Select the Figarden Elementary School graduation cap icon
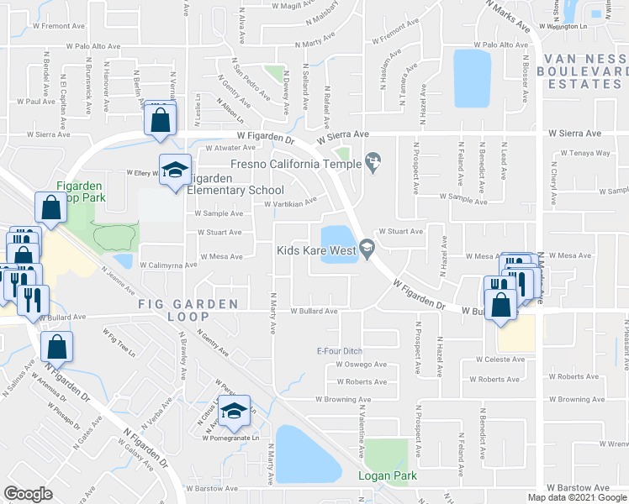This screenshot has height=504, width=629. tap(175, 171)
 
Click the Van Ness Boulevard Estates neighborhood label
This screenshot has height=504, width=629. tap(585, 71)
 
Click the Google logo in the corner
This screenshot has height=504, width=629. tap(27, 494)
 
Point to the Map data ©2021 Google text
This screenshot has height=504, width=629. tap(577, 497)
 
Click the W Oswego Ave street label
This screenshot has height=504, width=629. tap(361, 365)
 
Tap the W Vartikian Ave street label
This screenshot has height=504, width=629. tap(290, 202)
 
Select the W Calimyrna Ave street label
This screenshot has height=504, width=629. tap(168, 264)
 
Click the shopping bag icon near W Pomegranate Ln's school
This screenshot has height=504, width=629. tap(56, 346)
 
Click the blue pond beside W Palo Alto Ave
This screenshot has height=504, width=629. tap(472, 77)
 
